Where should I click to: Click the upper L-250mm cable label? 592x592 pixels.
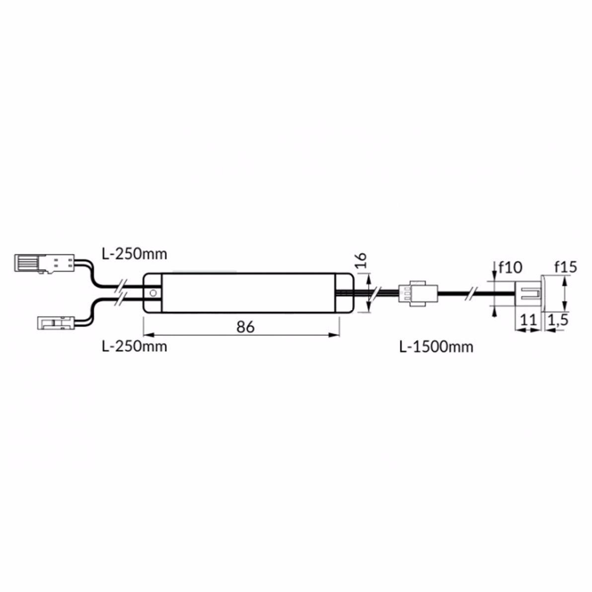coord(135,254)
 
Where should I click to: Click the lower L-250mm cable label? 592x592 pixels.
coord(135,346)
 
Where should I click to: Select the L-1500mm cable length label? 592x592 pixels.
coord(436,347)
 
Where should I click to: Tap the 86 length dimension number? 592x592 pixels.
coord(245,327)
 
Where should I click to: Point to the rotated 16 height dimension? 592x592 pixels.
coord(361,260)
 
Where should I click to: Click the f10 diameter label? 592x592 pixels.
coord(511,267)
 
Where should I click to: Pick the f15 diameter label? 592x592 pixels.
coord(566,267)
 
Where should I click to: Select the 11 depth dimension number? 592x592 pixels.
coord(528,320)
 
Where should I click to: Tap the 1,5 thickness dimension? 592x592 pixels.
coord(558,320)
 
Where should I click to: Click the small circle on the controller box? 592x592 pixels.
coord(153,293)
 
